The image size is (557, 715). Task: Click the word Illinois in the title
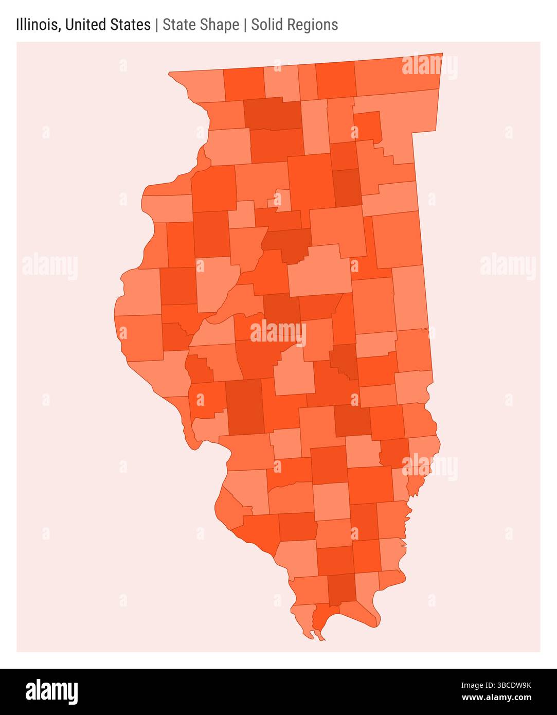click(x=37, y=25)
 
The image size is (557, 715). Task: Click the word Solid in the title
click(x=267, y=25)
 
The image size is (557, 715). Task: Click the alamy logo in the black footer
click(x=52, y=692)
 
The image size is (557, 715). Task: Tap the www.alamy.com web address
click(x=497, y=698)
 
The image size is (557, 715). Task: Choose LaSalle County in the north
click(x=311, y=180)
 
